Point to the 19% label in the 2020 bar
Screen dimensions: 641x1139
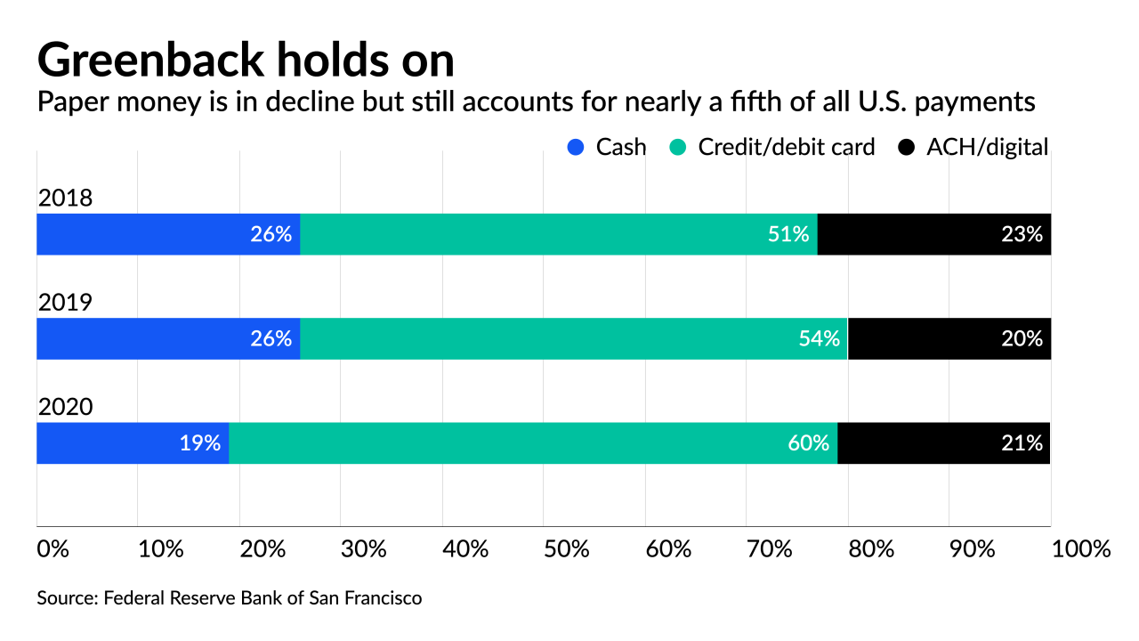tap(200, 442)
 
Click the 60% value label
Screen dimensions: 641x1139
tap(809, 442)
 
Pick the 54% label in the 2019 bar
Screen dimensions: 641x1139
tap(819, 338)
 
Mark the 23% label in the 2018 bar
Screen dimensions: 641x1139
tap(1021, 234)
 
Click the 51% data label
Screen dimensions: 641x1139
tap(788, 234)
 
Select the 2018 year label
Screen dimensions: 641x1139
tap(65, 198)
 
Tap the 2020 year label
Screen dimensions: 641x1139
tap(65, 407)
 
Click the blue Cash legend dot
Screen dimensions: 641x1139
tap(577, 148)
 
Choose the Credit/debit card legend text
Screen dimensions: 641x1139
tap(787, 148)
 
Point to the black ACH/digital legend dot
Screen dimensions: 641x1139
tap(907, 148)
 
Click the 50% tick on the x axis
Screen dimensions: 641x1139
tap(568, 548)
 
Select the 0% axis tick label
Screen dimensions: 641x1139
tap(52, 548)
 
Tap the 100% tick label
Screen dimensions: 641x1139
tap(1081, 548)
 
